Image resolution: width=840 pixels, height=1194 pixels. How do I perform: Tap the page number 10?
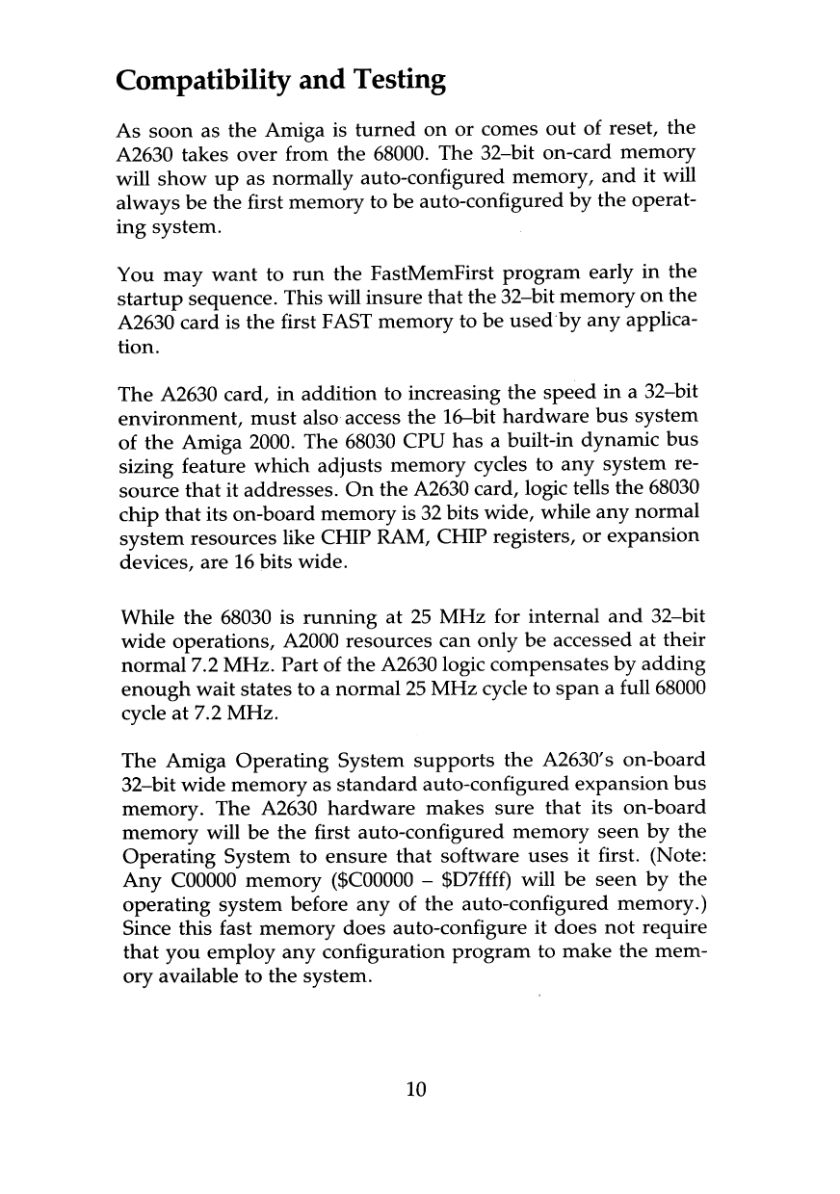point(415,1089)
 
